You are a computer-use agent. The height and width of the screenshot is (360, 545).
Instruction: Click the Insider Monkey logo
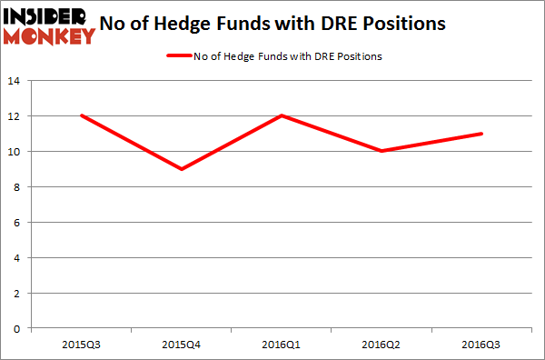49,25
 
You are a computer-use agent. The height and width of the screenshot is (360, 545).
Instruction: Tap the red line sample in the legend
178,56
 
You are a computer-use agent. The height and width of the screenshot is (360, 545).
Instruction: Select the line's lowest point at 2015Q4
181,169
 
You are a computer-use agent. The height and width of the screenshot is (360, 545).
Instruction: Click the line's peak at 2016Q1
282,115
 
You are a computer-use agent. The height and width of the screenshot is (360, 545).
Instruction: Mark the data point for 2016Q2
381,151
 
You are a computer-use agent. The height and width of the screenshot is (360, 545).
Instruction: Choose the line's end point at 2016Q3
482,134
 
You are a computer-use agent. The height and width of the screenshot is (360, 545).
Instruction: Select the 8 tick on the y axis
17,186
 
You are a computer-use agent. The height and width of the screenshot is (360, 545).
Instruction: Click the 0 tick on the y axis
17,327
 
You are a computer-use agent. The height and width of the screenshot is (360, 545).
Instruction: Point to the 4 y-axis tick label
17,257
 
